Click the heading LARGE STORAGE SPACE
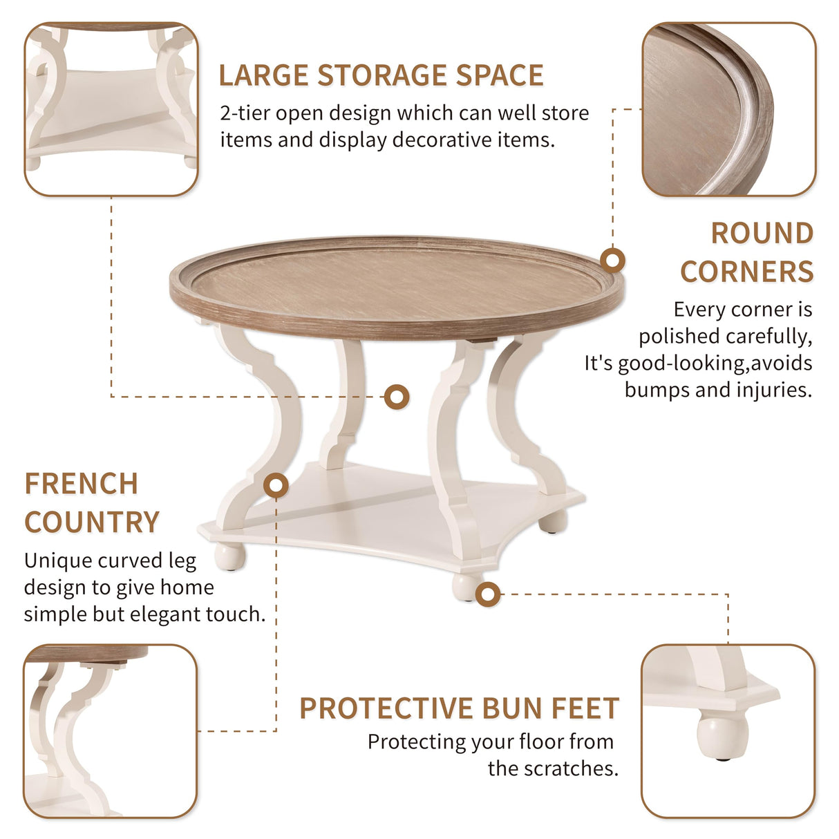tap(381, 76)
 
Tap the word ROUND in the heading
tap(762, 234)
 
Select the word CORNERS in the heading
tap(746, 272)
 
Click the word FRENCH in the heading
tap(82, 484)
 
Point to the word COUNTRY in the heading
tap(92, 522)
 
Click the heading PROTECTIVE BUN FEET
tap(459, 708)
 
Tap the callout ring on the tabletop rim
tap(612, 261)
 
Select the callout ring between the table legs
tap(397, 397)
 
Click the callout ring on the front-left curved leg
tap(276, 486)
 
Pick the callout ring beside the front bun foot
tap(488, 594)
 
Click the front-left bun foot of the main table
tap(229, 556)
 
